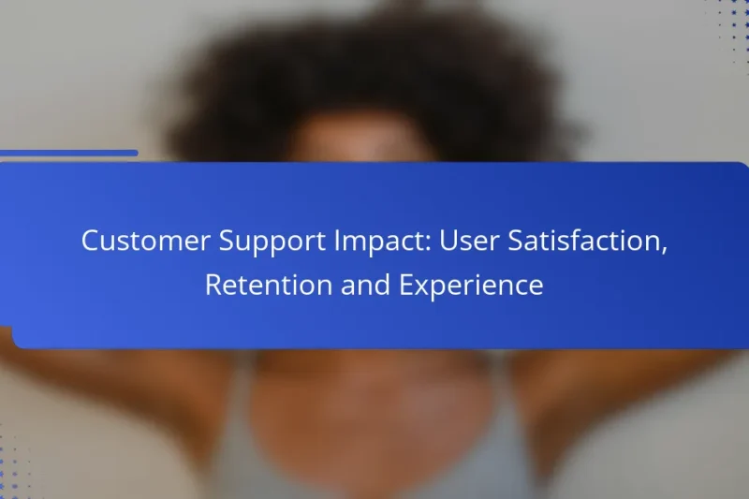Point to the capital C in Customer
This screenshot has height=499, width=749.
90,241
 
